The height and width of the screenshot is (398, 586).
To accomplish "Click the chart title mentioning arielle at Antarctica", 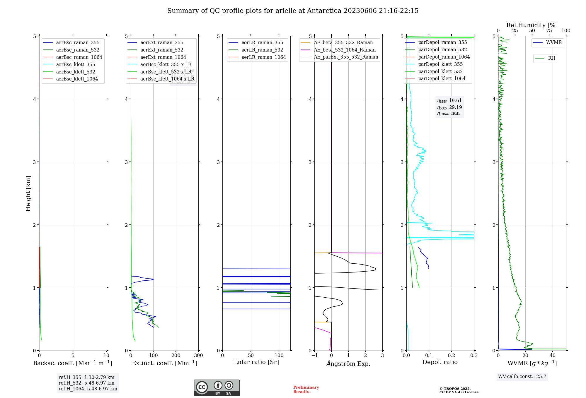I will coord(293,11).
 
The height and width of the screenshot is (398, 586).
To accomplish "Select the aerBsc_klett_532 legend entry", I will coord(76,72).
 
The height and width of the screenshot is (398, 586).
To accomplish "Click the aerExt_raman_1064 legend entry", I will coord(163,57).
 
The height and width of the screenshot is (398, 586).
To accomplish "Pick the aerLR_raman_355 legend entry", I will coord(262,42).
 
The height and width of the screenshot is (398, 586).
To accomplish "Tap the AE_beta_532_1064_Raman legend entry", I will coord(345,50).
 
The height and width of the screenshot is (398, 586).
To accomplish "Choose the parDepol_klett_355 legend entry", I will coord(440,64).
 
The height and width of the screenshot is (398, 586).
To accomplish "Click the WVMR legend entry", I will coord(554,42).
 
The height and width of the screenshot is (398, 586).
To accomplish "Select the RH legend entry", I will coord(551,58).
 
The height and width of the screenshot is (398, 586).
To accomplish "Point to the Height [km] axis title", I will coord(28,193).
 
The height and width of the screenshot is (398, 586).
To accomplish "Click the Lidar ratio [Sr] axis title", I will coord(256,362).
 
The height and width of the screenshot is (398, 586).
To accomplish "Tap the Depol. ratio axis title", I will coord(440,362).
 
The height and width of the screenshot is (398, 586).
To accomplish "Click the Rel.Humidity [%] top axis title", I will coord(532,25).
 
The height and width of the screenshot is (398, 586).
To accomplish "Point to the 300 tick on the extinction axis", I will coord(198,356).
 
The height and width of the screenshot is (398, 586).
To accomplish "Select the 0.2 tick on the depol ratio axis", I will coord(452,356).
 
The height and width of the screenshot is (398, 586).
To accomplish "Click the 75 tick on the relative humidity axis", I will coord(549,31).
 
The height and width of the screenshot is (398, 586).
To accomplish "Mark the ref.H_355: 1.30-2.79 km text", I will coord(86,378).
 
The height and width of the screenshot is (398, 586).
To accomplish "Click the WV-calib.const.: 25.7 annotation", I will coord(522,377).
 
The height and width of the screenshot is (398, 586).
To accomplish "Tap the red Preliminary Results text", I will coord(306,390).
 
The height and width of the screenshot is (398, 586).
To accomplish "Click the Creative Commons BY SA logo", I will coord(217,388).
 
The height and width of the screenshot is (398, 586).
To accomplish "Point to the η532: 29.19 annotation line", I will coord(449,107).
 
